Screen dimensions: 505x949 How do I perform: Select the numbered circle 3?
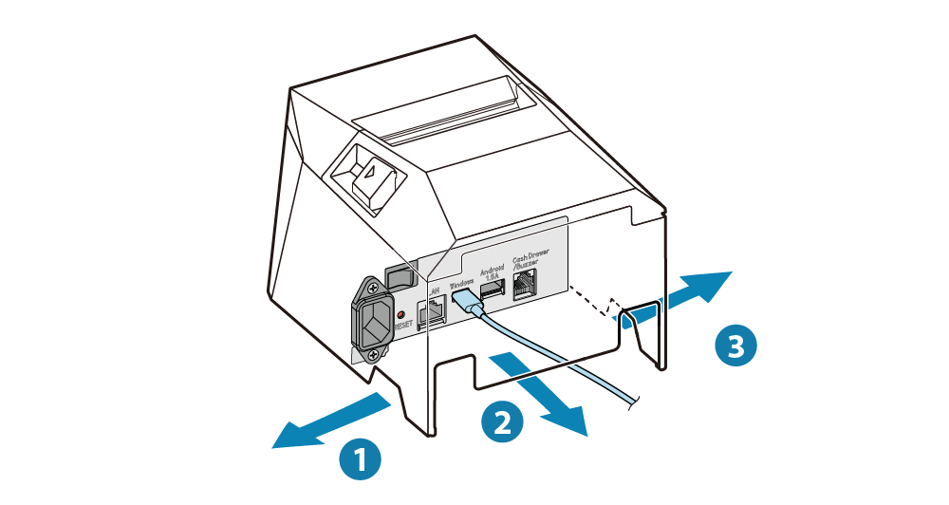(735, 344)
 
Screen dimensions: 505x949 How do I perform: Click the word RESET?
(404, 324)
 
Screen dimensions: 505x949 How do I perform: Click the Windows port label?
(460, 282)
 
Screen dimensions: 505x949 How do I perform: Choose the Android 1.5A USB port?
(492, 290)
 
